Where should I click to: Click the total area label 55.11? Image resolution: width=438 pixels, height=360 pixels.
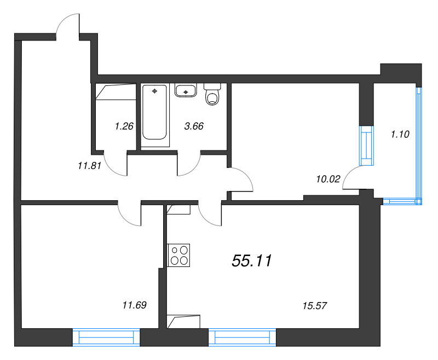coord(252,262)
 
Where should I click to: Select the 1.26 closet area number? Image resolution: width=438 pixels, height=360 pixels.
coord(124,126)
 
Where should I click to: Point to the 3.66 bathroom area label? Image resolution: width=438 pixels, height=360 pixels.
coord(194,126)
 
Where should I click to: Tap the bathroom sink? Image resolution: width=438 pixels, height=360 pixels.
coord(186,90)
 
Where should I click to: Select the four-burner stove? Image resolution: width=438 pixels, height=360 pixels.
coord(180,254)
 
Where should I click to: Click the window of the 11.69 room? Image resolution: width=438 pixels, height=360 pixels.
coord(106,337)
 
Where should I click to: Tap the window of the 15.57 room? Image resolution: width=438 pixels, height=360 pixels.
coord(242,337)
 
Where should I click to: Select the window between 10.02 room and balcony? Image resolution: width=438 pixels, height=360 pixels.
coord(366,146)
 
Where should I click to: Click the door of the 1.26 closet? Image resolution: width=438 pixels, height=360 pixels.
coord(116,165)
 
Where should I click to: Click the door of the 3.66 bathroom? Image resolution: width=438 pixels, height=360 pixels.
coord(189,165)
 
